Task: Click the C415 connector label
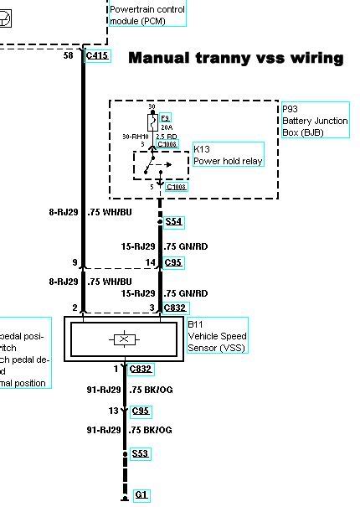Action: pos(97,56)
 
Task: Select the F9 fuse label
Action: pos(165,118)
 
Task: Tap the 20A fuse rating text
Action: pos(165,128)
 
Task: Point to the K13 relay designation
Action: pos(203,149)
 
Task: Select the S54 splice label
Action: pos(173,222)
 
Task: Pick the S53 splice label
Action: pos(141,453)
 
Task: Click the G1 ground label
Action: pos(141,495)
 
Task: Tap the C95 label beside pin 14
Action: pos(173,262)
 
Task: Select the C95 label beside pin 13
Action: pos(141,411)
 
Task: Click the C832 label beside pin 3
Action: pos(175,308)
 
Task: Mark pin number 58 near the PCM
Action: pos(69,55)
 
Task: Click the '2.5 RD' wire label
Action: pos(166,136)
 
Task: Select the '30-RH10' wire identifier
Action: pos(136,136)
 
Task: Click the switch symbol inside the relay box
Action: pos(159,167)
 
